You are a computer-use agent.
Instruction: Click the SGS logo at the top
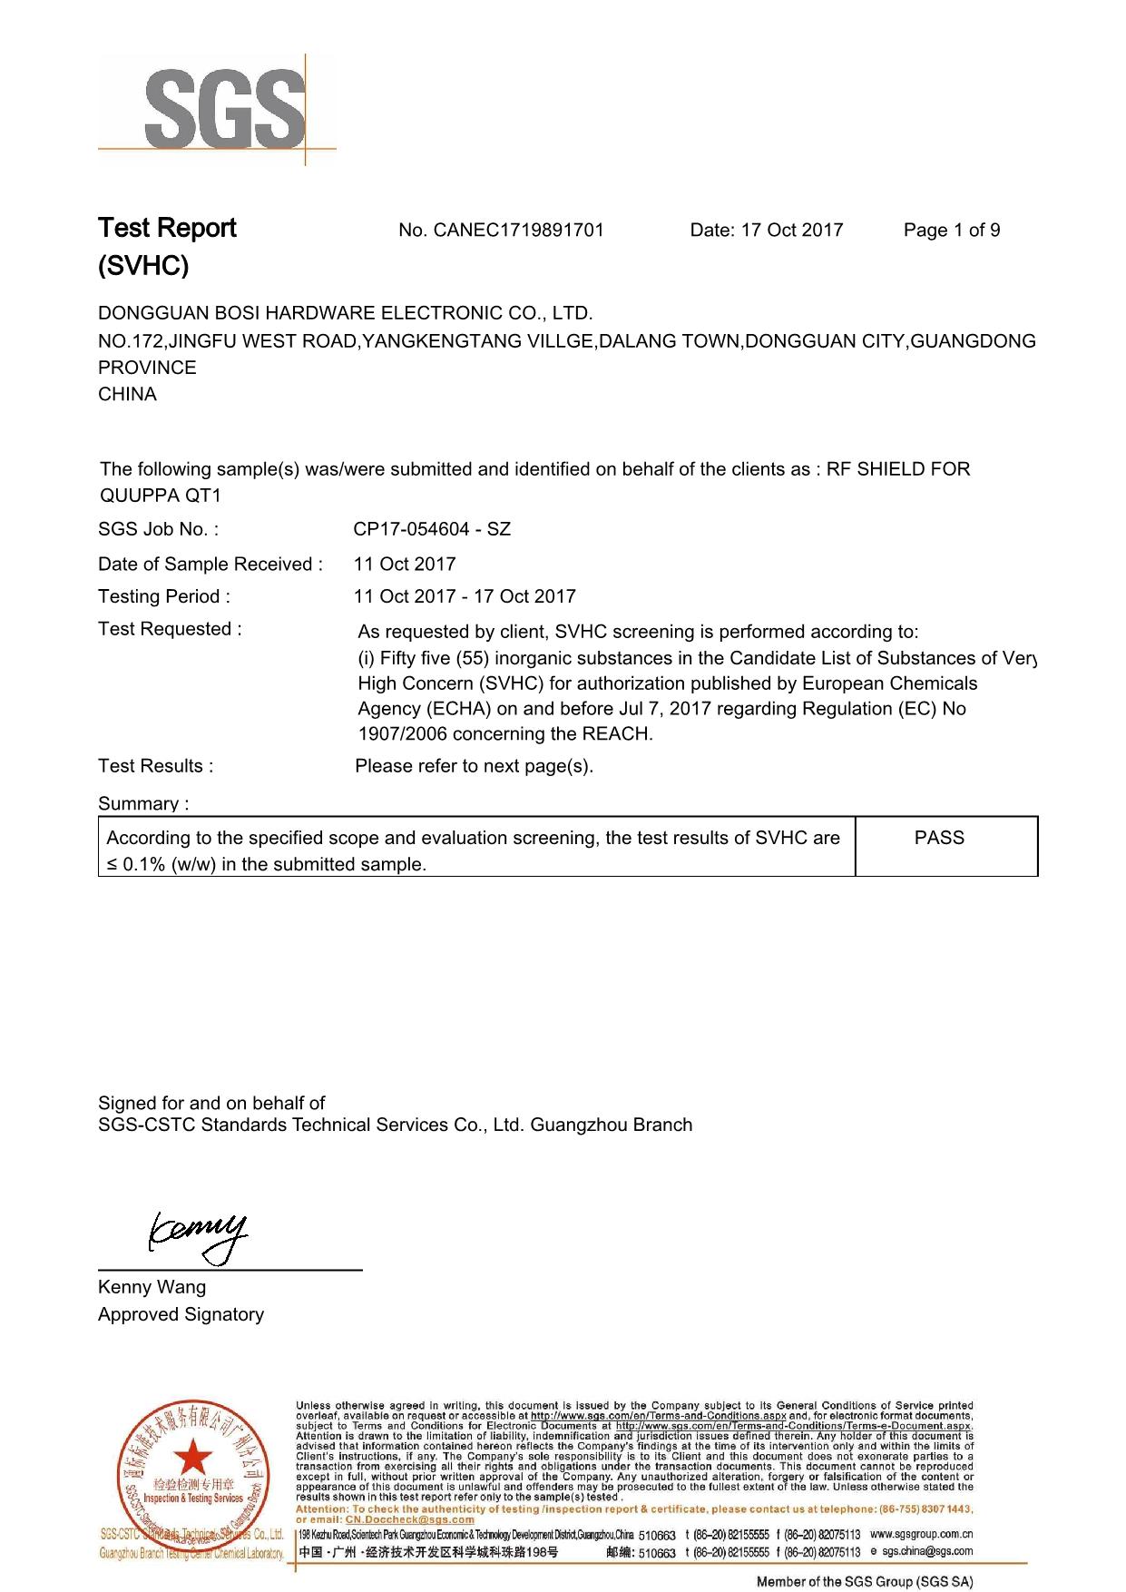click(216, 110)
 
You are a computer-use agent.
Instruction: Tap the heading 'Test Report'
click(167, 228)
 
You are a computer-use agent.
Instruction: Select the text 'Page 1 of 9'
click(951, 231)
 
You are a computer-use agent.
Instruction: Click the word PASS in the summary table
click(939, 838)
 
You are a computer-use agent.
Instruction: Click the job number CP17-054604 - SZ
click(432, 529)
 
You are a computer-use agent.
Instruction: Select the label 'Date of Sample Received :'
click(211, 565)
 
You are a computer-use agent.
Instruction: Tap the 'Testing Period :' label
click(164, 596)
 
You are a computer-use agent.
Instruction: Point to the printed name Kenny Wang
click(152, 1287)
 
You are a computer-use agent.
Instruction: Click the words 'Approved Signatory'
click(181, 1314)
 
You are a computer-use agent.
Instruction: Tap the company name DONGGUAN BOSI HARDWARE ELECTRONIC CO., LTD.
click(345, 313)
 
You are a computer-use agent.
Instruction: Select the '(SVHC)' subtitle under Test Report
click(143, 266)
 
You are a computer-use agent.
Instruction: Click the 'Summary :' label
click(143, 803)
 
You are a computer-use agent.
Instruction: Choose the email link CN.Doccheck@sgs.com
click(409, 1519)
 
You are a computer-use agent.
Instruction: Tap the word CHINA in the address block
click(127, 394)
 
